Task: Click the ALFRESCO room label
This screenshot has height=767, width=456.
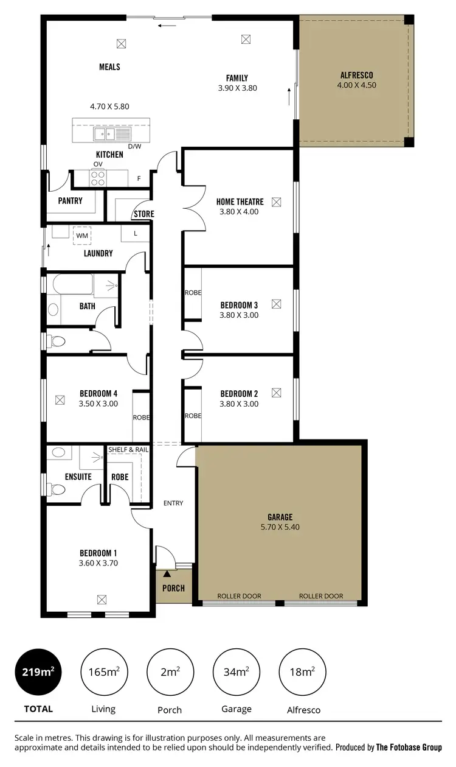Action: (x=356, y=75)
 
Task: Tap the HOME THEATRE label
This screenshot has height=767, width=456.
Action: (x=240, y=202)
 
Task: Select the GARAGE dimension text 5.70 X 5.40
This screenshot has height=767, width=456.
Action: (x=280, y=527)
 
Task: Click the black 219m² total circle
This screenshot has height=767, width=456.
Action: (x=38, y=672)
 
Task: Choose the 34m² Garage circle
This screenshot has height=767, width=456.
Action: (x=236, y=672)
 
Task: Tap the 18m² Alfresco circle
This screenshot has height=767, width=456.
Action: (x=302, y=672)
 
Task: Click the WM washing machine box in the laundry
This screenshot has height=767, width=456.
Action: (x=81, y=235)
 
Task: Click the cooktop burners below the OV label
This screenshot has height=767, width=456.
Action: (x=98, y=177)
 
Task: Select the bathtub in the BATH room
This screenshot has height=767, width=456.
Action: (x=72, y=284)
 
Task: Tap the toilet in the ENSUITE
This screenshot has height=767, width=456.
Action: (x=57, y=490)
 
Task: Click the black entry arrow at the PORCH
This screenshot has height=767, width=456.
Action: (x=167, y=573)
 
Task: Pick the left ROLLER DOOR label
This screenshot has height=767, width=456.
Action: (x=239, y=596)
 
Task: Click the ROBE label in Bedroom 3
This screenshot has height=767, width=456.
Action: (x=193, y=293)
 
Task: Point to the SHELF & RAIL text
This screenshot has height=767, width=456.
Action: (x=128, y=449)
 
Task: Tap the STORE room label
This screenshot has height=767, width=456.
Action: (x=144, y=214)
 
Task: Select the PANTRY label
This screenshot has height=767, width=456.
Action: (x=71, y=201)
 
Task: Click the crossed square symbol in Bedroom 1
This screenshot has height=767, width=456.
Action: (x=102, y=599)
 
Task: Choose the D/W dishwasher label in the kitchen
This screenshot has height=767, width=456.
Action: (x=134, y=146)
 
